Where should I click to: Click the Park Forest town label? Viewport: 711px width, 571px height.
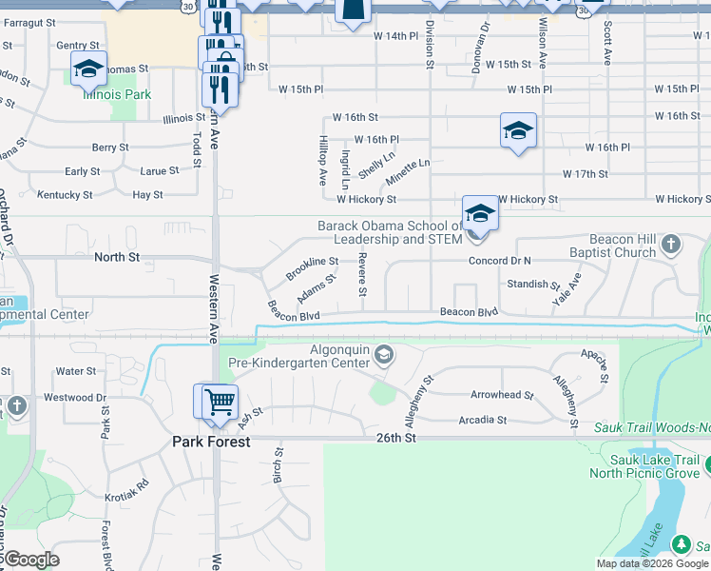click(211, 442)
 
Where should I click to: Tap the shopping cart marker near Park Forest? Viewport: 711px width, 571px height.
click(218, 401)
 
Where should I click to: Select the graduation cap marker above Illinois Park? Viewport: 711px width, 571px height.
click(88, 69)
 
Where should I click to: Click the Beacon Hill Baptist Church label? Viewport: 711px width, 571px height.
click(608, 246)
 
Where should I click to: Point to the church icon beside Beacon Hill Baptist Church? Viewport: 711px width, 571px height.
click(670, 245)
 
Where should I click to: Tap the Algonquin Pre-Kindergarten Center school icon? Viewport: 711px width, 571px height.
click(384, 356)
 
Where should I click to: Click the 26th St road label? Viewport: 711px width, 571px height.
click(396, 438)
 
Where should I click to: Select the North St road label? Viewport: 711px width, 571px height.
click(117, 257)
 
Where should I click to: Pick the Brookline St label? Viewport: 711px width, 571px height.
click(314, 261)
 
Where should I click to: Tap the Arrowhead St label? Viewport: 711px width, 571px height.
click(502, 394)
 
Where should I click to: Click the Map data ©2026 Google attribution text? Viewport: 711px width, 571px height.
click(651, 563)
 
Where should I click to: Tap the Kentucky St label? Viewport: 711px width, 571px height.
click(65, 194)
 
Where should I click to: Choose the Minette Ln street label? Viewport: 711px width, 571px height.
click(408, 169)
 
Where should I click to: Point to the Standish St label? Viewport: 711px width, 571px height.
click(532, 284)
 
